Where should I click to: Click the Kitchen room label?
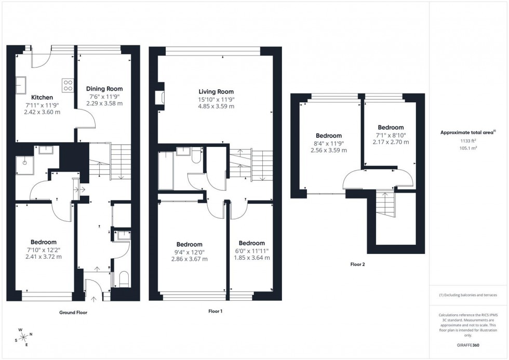tap(42, 97)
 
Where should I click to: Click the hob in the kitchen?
tap(68, 85)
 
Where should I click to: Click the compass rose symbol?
tap(24, 337)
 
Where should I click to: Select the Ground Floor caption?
tap(73, 313)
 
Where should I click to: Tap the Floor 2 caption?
tap(357, 264)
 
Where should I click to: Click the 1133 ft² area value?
tap(469, 140)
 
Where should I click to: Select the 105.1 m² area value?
tap(469, 148)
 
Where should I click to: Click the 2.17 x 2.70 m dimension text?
tap(391, 142)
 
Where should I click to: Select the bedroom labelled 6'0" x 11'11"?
tap(251, 243)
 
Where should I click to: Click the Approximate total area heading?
tap(468, 132)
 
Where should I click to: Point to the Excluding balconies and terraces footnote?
tap(468, 295)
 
